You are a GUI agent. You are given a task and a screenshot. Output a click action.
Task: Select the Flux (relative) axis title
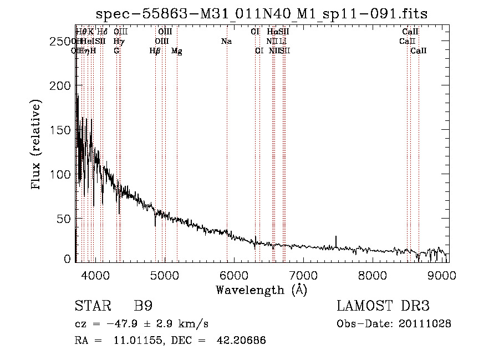tap(37, 145)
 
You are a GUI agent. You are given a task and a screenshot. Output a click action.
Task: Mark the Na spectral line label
tap(226, 42)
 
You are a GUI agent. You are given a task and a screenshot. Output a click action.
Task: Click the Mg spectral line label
tap(176, 51)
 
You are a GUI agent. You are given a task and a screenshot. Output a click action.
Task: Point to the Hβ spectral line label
tap(155, 51)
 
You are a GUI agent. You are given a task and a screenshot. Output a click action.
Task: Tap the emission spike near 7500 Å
tap(335, 240)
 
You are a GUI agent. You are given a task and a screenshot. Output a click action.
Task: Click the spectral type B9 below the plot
tap(143, 306)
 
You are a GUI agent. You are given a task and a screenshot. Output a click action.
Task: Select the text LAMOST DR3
tap(383, 306)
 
